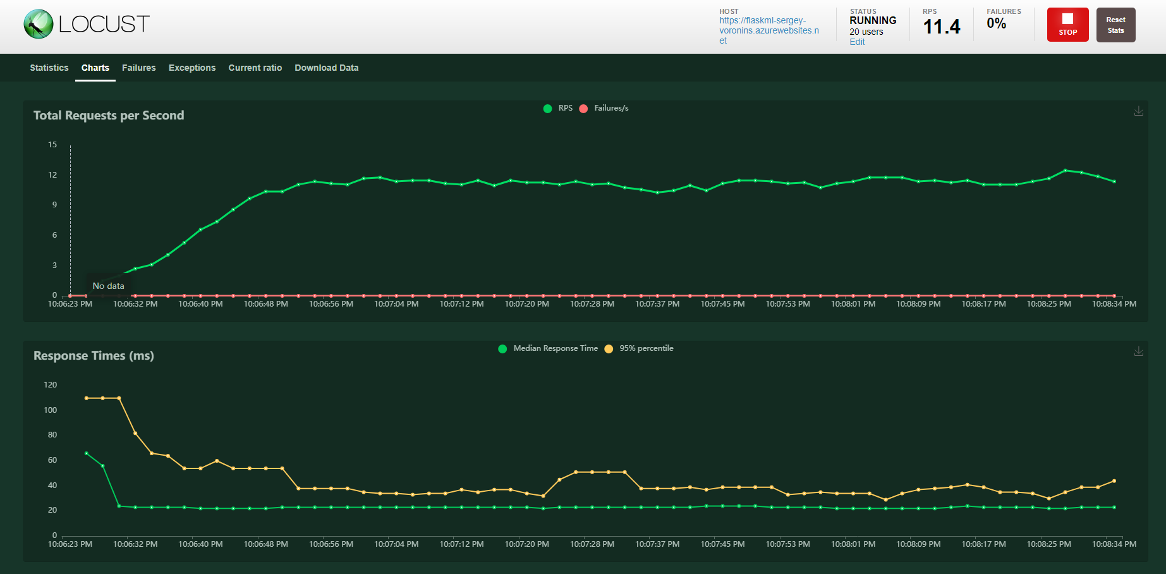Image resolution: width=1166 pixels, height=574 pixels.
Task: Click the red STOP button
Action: pos(1067,25)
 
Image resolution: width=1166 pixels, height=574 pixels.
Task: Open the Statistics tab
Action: pos(49,68)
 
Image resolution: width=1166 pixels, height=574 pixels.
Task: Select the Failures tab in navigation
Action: pos(138,68)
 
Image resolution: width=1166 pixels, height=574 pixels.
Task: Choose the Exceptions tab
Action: pos(192,68)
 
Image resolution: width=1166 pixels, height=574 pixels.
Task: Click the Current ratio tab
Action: pos(255,68)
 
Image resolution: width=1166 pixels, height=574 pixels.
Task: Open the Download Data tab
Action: pos(326,68)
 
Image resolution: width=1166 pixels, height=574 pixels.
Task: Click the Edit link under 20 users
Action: pos(857,42)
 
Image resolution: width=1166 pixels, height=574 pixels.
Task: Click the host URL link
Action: pos(768,30)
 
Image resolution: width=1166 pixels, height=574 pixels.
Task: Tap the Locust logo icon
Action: pos(38,24)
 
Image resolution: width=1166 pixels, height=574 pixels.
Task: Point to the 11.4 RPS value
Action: pos(941,27)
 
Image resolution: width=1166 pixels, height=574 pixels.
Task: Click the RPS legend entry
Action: pos(559,108)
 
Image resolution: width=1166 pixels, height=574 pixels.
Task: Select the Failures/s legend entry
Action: pos(604,108)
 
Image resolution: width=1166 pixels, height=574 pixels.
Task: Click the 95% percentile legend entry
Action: pos(640,348)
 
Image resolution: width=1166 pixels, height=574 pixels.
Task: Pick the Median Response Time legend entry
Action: pos(549,348)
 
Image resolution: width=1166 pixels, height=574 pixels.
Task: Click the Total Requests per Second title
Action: pos(109,115)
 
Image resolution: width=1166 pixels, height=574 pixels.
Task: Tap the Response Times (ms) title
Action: pos(94,355)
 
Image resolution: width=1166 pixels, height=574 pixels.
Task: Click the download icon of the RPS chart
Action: pos(1138,111)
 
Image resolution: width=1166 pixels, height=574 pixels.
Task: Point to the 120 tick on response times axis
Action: pos(51,384)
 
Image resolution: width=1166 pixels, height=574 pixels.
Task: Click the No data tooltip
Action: pos(109,286)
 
